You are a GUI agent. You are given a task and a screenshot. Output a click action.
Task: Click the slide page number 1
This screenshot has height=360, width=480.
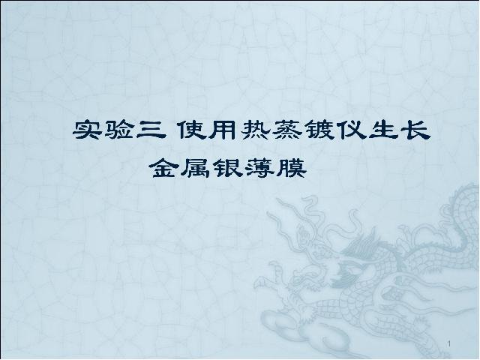[449, 344]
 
